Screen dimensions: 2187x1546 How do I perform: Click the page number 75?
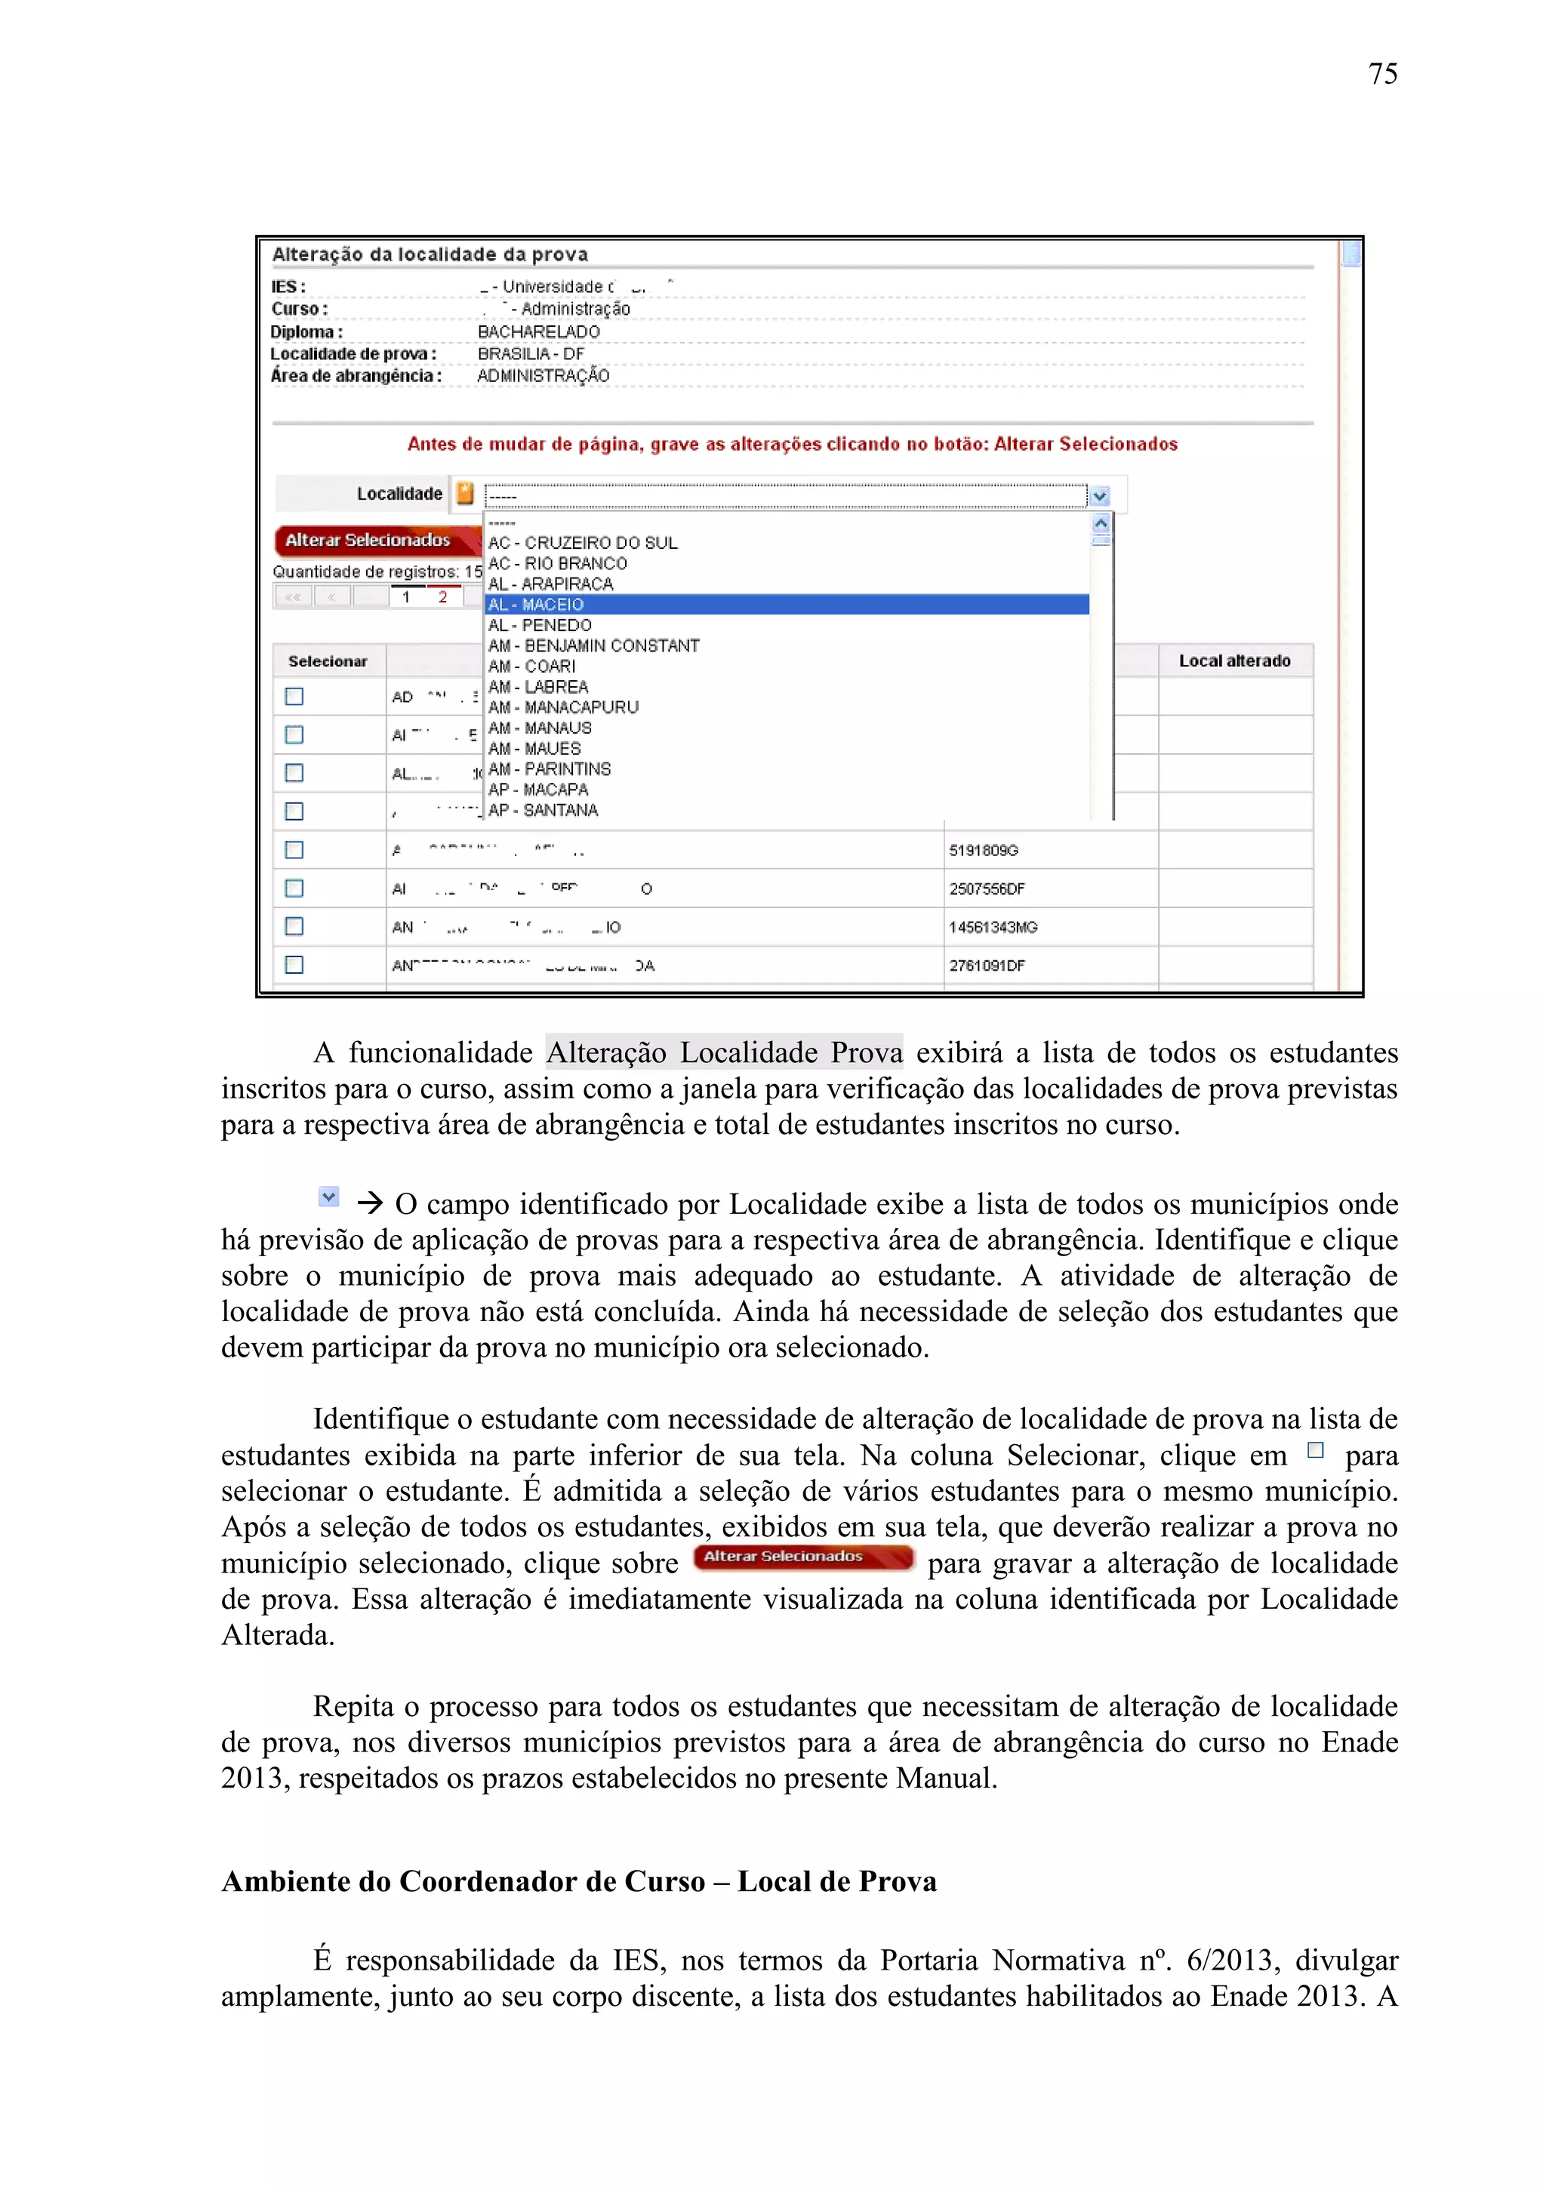point(1382,73)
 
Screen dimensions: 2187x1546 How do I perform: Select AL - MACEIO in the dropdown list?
point(536,605)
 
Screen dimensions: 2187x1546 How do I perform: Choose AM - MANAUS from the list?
point(540,728)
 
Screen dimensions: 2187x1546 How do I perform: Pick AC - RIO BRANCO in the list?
point(557,563)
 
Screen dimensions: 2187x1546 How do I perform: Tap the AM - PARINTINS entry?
point(550,769)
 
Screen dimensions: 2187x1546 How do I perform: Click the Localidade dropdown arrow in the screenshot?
point(1100,495)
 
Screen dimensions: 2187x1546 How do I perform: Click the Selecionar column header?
point(328,661)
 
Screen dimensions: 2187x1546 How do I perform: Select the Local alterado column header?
point(1234,661)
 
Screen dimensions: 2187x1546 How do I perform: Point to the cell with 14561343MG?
point(993,927)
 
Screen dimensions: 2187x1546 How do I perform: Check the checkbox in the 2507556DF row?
point(294,888)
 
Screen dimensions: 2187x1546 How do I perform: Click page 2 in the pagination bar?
point(443,597)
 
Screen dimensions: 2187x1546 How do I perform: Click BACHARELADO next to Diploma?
point(538,331)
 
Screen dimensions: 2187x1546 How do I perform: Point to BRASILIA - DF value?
point(531,353)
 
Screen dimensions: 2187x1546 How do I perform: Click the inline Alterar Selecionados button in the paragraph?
point(803,1557)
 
